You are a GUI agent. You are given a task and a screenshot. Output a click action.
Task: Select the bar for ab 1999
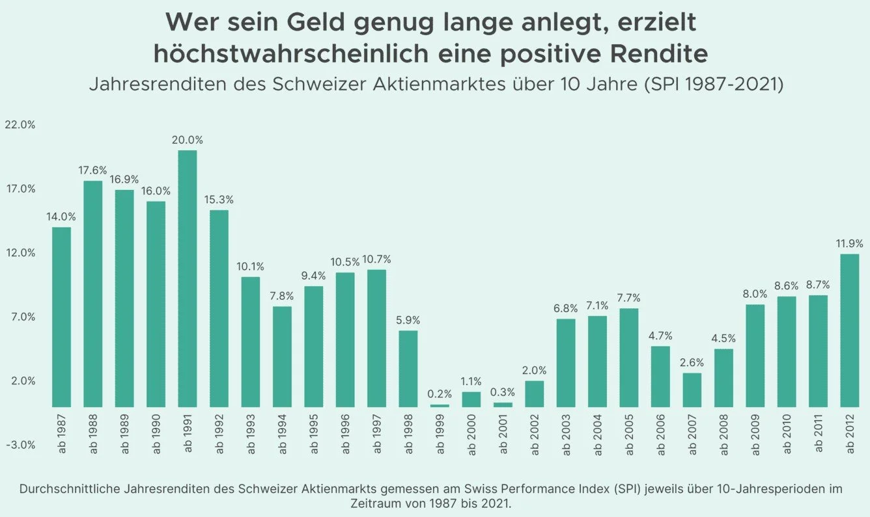pyautogui.click(x=440, y=406)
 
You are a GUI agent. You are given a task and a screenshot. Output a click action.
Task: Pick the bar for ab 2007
pyautogui.click(x=692, y=390)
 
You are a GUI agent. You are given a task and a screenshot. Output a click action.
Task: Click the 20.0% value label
pyautogui.click(x=188, y=140)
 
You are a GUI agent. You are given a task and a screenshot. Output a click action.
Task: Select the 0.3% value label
pyautogui.click(x=503, y=392)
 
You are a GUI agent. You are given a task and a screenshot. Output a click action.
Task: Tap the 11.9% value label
pyautogui.click(x=850, y=244)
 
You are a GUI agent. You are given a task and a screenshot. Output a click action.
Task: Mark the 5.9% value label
pyautogui.click(x=408, y=320)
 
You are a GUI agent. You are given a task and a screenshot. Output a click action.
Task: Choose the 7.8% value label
pyautogui.click(x=282, y=296)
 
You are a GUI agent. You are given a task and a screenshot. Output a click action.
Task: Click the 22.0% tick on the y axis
pyautogui.click(x=20, y=125)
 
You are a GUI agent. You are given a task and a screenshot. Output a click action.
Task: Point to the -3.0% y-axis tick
pyautogui.click(x=20, y=445)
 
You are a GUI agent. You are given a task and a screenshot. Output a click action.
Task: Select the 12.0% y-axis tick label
pyautogui.click(x=20, y=253)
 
